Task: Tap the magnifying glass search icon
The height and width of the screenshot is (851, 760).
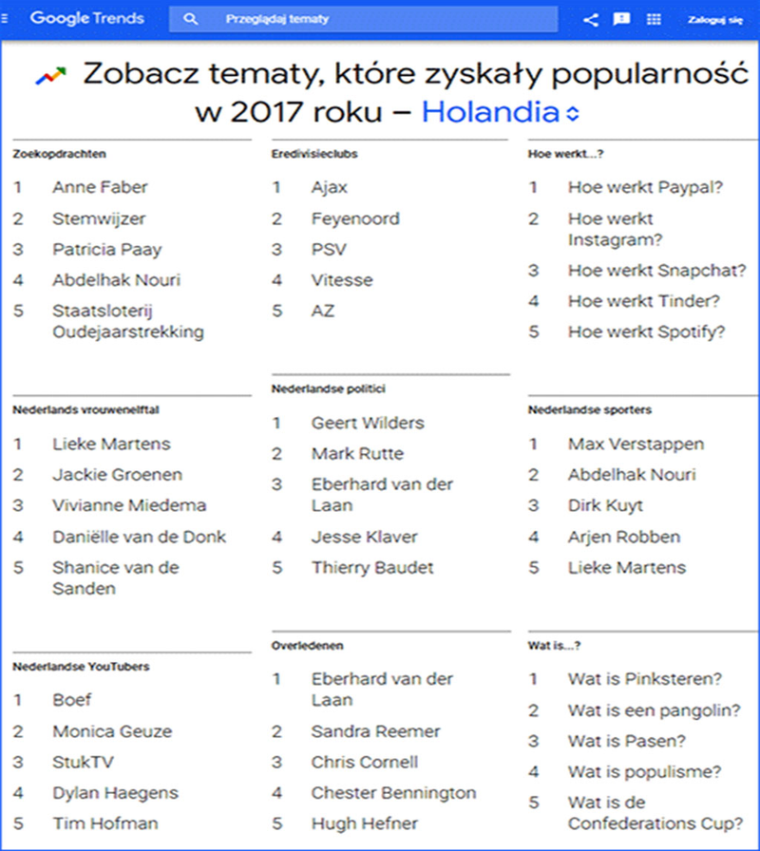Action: (192, 19)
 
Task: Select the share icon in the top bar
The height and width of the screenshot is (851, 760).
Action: (590, 19)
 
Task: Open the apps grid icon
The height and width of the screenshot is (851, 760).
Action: (654, 19)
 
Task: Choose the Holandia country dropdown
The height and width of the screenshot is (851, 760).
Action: (500, 112)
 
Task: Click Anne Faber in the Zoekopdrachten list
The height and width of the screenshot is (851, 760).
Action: (100, 187)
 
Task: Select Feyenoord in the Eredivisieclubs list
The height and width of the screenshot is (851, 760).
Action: (355, 218)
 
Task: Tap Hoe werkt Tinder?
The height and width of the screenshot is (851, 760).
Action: (644, 301)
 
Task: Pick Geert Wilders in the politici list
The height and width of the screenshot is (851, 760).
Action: (368, 423)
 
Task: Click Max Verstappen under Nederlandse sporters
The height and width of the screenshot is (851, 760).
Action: (636, 444)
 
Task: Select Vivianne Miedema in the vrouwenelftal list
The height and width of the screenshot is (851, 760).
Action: (129, 505)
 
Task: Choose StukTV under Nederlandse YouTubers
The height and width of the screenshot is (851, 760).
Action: (83, 762)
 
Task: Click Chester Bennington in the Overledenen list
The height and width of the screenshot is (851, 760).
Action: (393, 792)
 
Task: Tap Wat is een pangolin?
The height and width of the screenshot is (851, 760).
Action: (655, 710)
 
